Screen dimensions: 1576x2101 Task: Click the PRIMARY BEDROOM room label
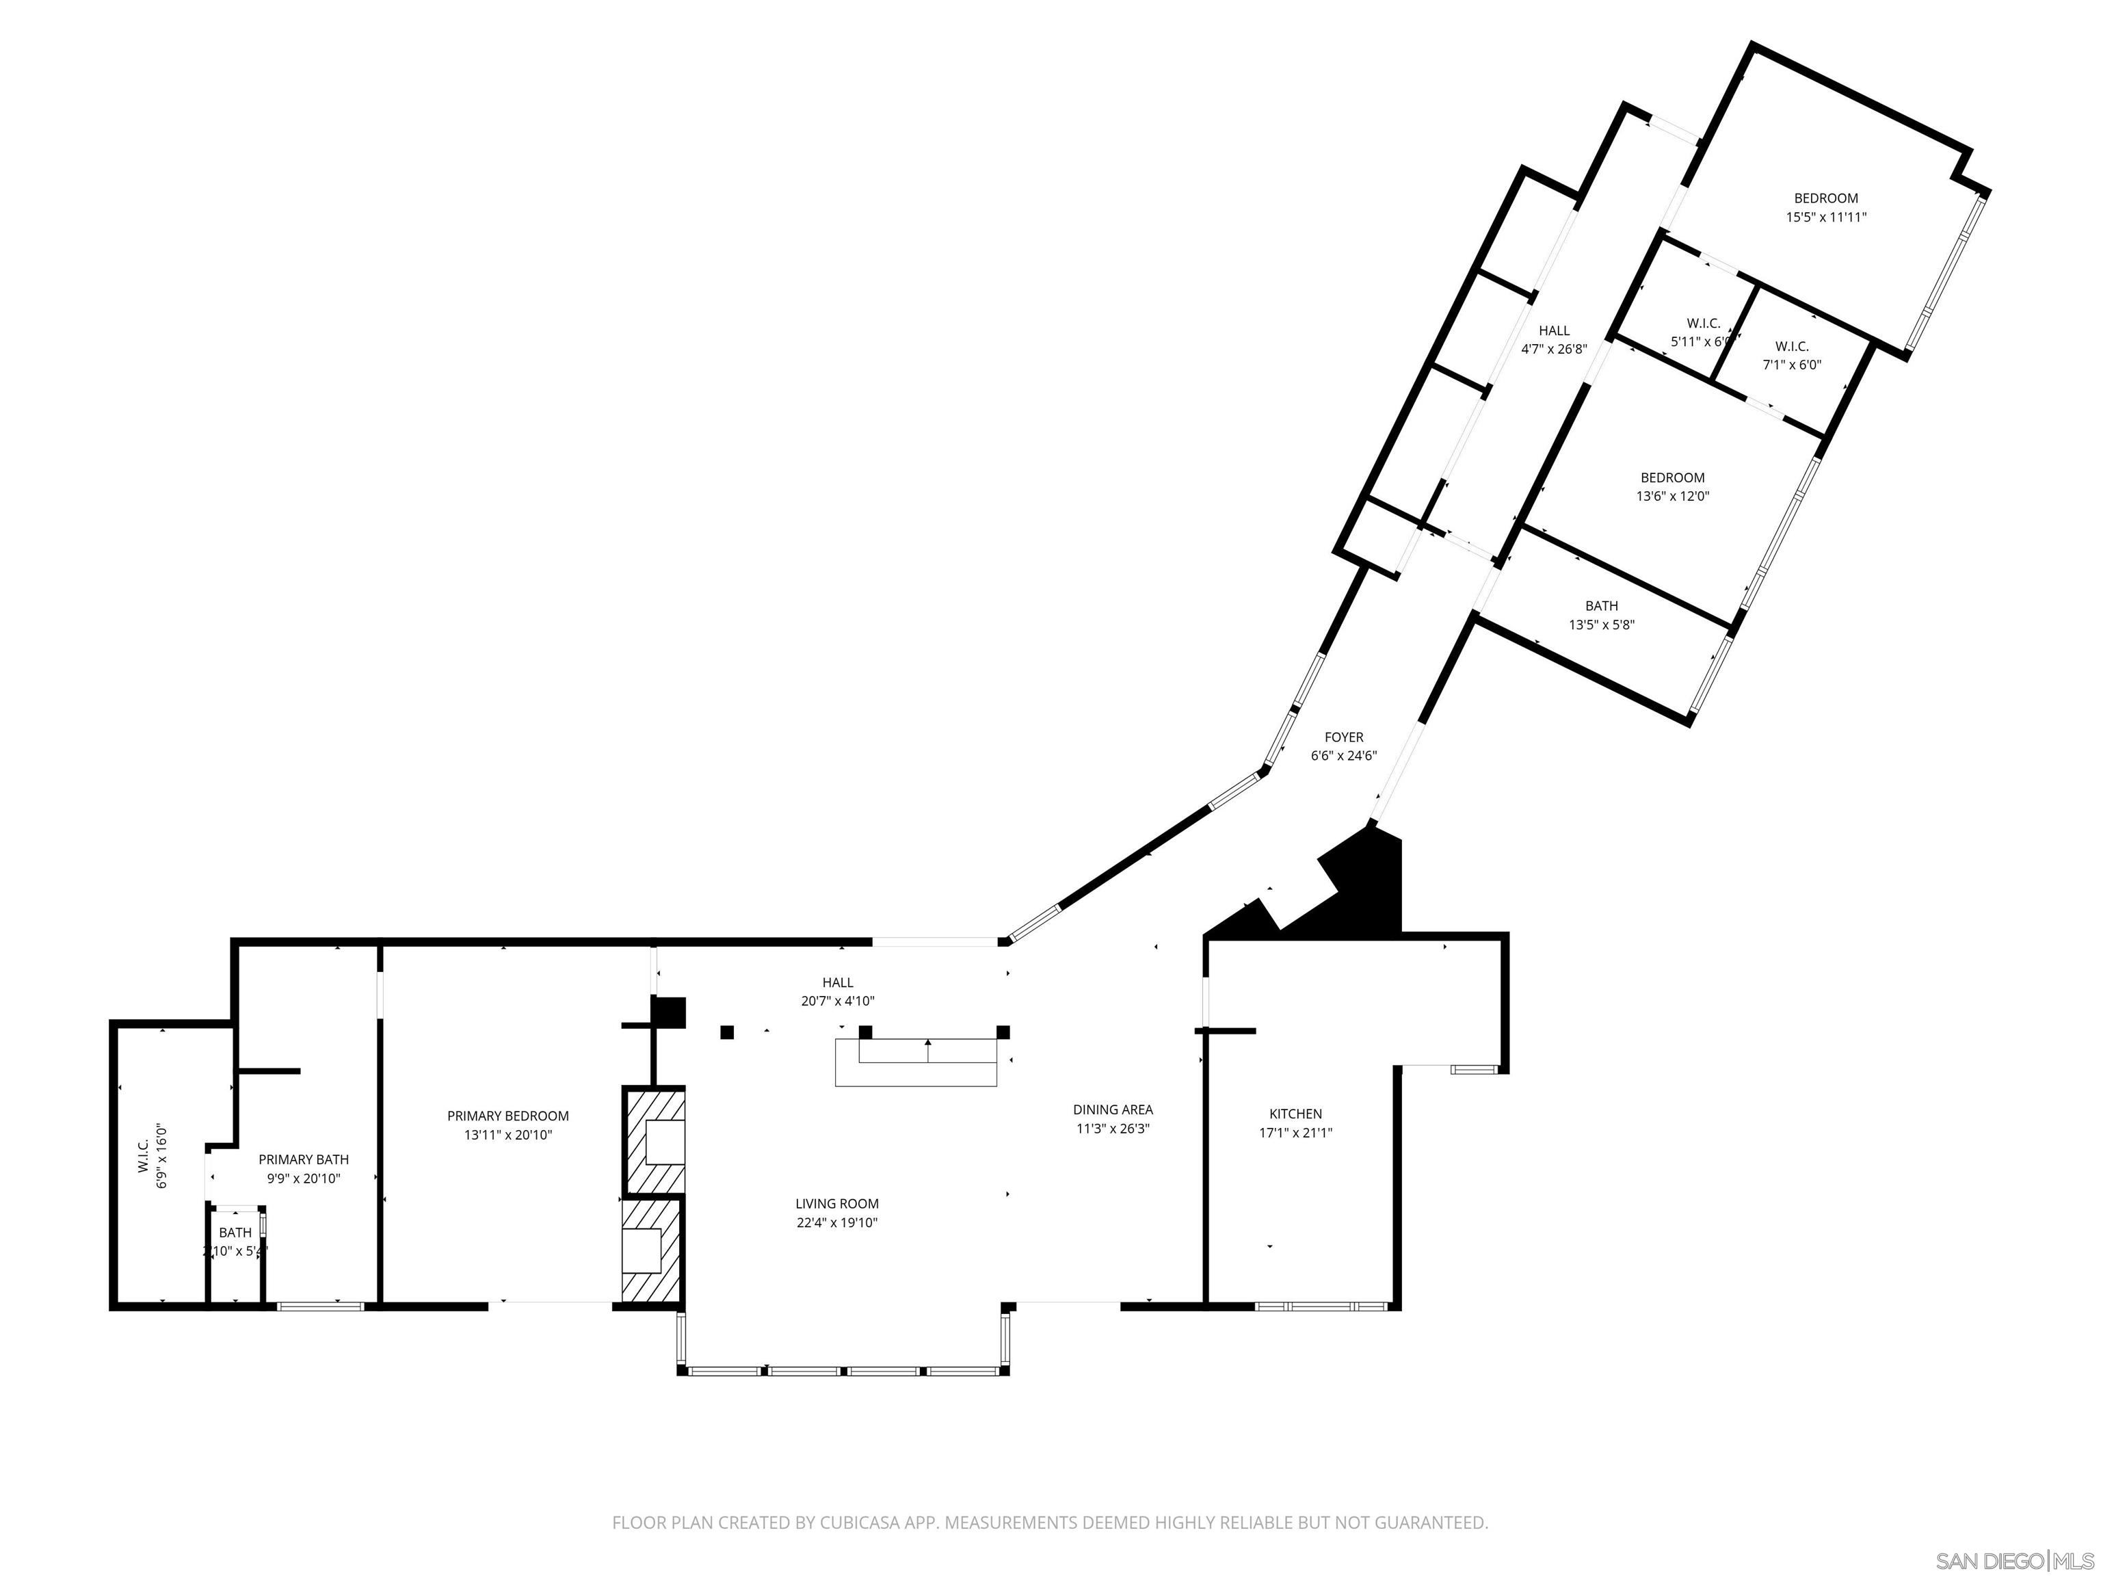[x=508, y=1116]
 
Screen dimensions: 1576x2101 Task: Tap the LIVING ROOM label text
[x=837, y=1204]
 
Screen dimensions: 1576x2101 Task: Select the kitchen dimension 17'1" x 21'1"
[x=1295, y=1132]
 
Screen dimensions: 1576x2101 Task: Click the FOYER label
[x=1343, y=737]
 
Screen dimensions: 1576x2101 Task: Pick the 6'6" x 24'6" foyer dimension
[x=1343, y=756]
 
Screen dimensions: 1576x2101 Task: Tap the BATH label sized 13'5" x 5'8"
[x=1601, y=606]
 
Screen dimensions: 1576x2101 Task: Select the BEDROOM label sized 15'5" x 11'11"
[x=1825, y=198]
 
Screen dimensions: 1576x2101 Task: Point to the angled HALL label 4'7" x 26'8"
[x=1554, y=330]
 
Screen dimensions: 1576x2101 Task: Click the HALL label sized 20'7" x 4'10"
[x=837, y=982]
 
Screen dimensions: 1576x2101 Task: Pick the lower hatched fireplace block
[x=652, y=1251]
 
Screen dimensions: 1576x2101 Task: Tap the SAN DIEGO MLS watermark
[x=2013, y=1561]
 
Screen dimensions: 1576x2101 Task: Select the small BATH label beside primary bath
[x=235, y=1233]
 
